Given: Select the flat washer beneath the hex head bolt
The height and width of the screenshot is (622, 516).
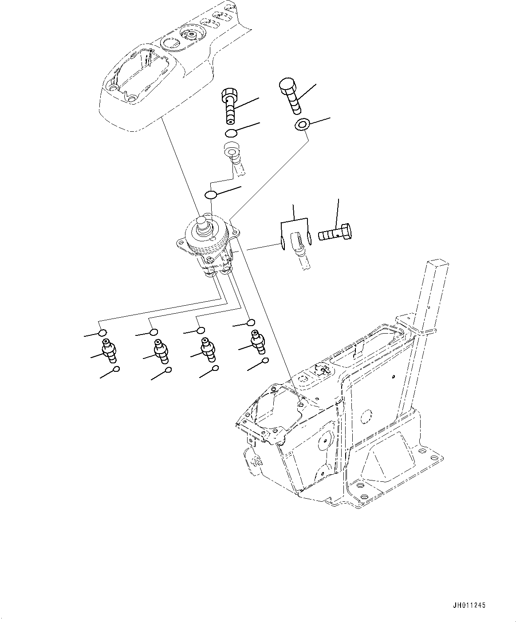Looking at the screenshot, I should click(302, 125).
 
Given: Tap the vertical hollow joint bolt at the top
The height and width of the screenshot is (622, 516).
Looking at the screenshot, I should click(229, 106).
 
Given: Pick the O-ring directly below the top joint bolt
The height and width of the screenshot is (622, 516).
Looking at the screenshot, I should click(231, 133).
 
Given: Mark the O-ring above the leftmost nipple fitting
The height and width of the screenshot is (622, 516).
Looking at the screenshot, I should click(102, 333).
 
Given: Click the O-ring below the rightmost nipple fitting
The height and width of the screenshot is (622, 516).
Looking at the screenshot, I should click(265, 361).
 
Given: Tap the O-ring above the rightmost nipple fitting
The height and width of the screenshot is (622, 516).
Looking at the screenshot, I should click(251, 323).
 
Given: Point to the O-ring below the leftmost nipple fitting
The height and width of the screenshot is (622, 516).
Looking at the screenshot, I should click(116, 369).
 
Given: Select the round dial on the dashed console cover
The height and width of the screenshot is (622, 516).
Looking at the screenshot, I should click(191, 35).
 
